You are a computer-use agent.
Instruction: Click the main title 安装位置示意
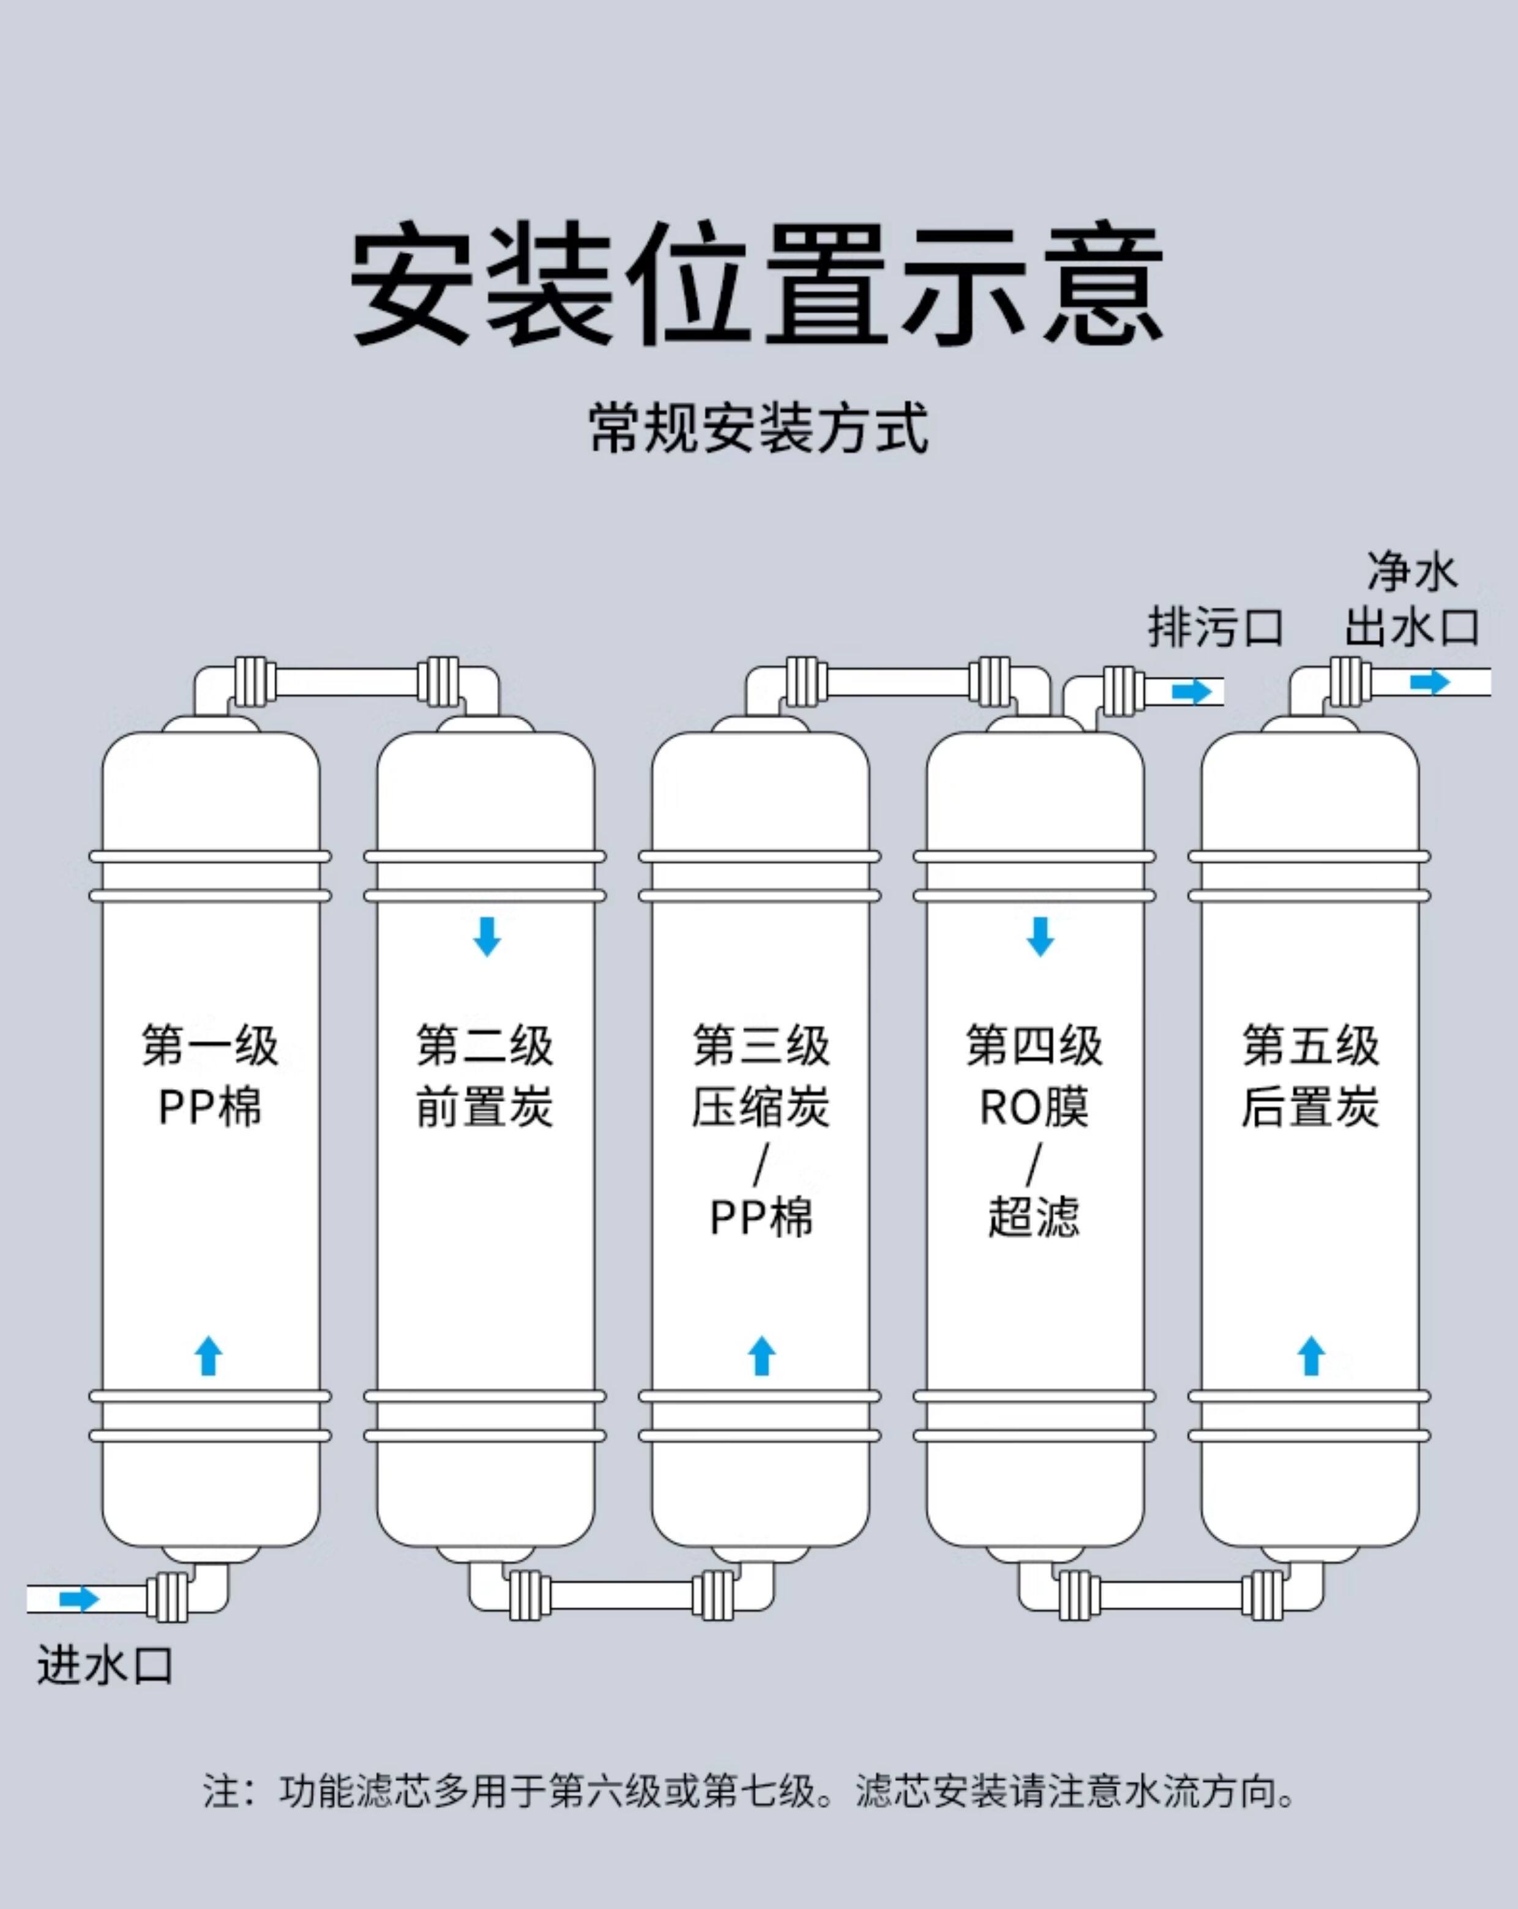(x=757, y=285)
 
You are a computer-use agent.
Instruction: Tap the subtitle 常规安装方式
(x=758, y=428)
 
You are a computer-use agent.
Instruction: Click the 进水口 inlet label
(x=105, y=1665)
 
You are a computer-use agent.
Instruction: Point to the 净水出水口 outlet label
(x=1411, y=600)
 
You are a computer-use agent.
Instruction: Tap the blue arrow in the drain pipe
(x=1191, y=691)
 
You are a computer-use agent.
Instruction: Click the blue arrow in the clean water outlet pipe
(x=1429, y=682)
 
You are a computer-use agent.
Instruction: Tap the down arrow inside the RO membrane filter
(x=1040, y=937)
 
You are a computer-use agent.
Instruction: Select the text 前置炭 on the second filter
(x=484, y=1107)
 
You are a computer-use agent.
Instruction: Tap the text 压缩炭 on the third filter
(x=760, y=1107)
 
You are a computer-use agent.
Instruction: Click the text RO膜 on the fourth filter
(x=1034, y=1107)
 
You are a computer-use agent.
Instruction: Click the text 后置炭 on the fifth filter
(x=1310, y=1107)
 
